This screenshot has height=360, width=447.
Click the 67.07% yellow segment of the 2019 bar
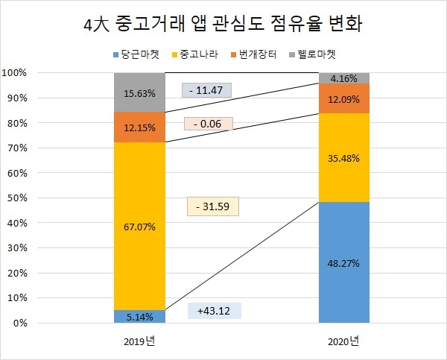(x=139, y=227)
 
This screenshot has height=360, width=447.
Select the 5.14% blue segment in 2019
(x=139, y=317)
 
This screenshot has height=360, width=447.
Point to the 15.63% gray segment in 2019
(x=139, y=92)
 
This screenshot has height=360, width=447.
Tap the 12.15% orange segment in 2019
(x=139, y=127)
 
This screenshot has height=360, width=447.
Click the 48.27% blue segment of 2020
(x=343, y=262)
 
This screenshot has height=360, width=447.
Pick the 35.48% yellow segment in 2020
(x=343, y=157)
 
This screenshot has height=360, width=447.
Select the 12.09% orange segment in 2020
(x=343, y=98)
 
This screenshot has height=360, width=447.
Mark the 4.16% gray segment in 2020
(x=343, y=78)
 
